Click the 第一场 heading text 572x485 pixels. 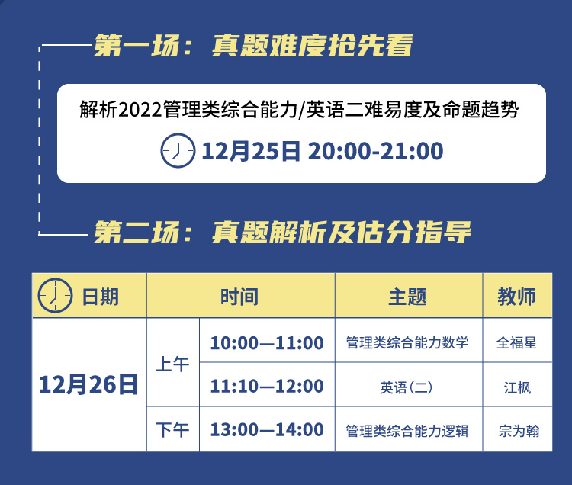click(x=253, y=45)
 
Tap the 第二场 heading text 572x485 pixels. click(x=282, y=232)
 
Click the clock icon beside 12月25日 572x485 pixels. click(x=178, y=150)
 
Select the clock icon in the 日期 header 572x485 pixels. click(x=56, y=295)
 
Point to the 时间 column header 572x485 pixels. click(x=239, y=297)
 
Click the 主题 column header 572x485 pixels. click(x=407, y=297)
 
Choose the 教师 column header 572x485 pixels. click(x=516, y=297)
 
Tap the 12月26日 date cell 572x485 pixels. click(x=88, y=384)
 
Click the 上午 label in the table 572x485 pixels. click(x=172, y=365)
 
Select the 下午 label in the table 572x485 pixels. click(x=172, y=429)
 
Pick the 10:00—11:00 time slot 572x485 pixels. click(x=267, y=343)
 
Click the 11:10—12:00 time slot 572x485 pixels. click(x=267, y=386)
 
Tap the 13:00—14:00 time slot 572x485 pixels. click(x=267, y=429)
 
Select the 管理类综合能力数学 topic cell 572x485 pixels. click(x=407, y=343)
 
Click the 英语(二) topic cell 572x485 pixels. click(x=407, y=387)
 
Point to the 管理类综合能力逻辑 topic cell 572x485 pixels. click(x=407, y=431)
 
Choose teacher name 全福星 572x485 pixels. click(x=516, y=343)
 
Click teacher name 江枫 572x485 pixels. click(x=517, y=387)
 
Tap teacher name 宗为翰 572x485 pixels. click(x=519, y=431)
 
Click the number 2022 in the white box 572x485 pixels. click(x=140, y=109)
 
